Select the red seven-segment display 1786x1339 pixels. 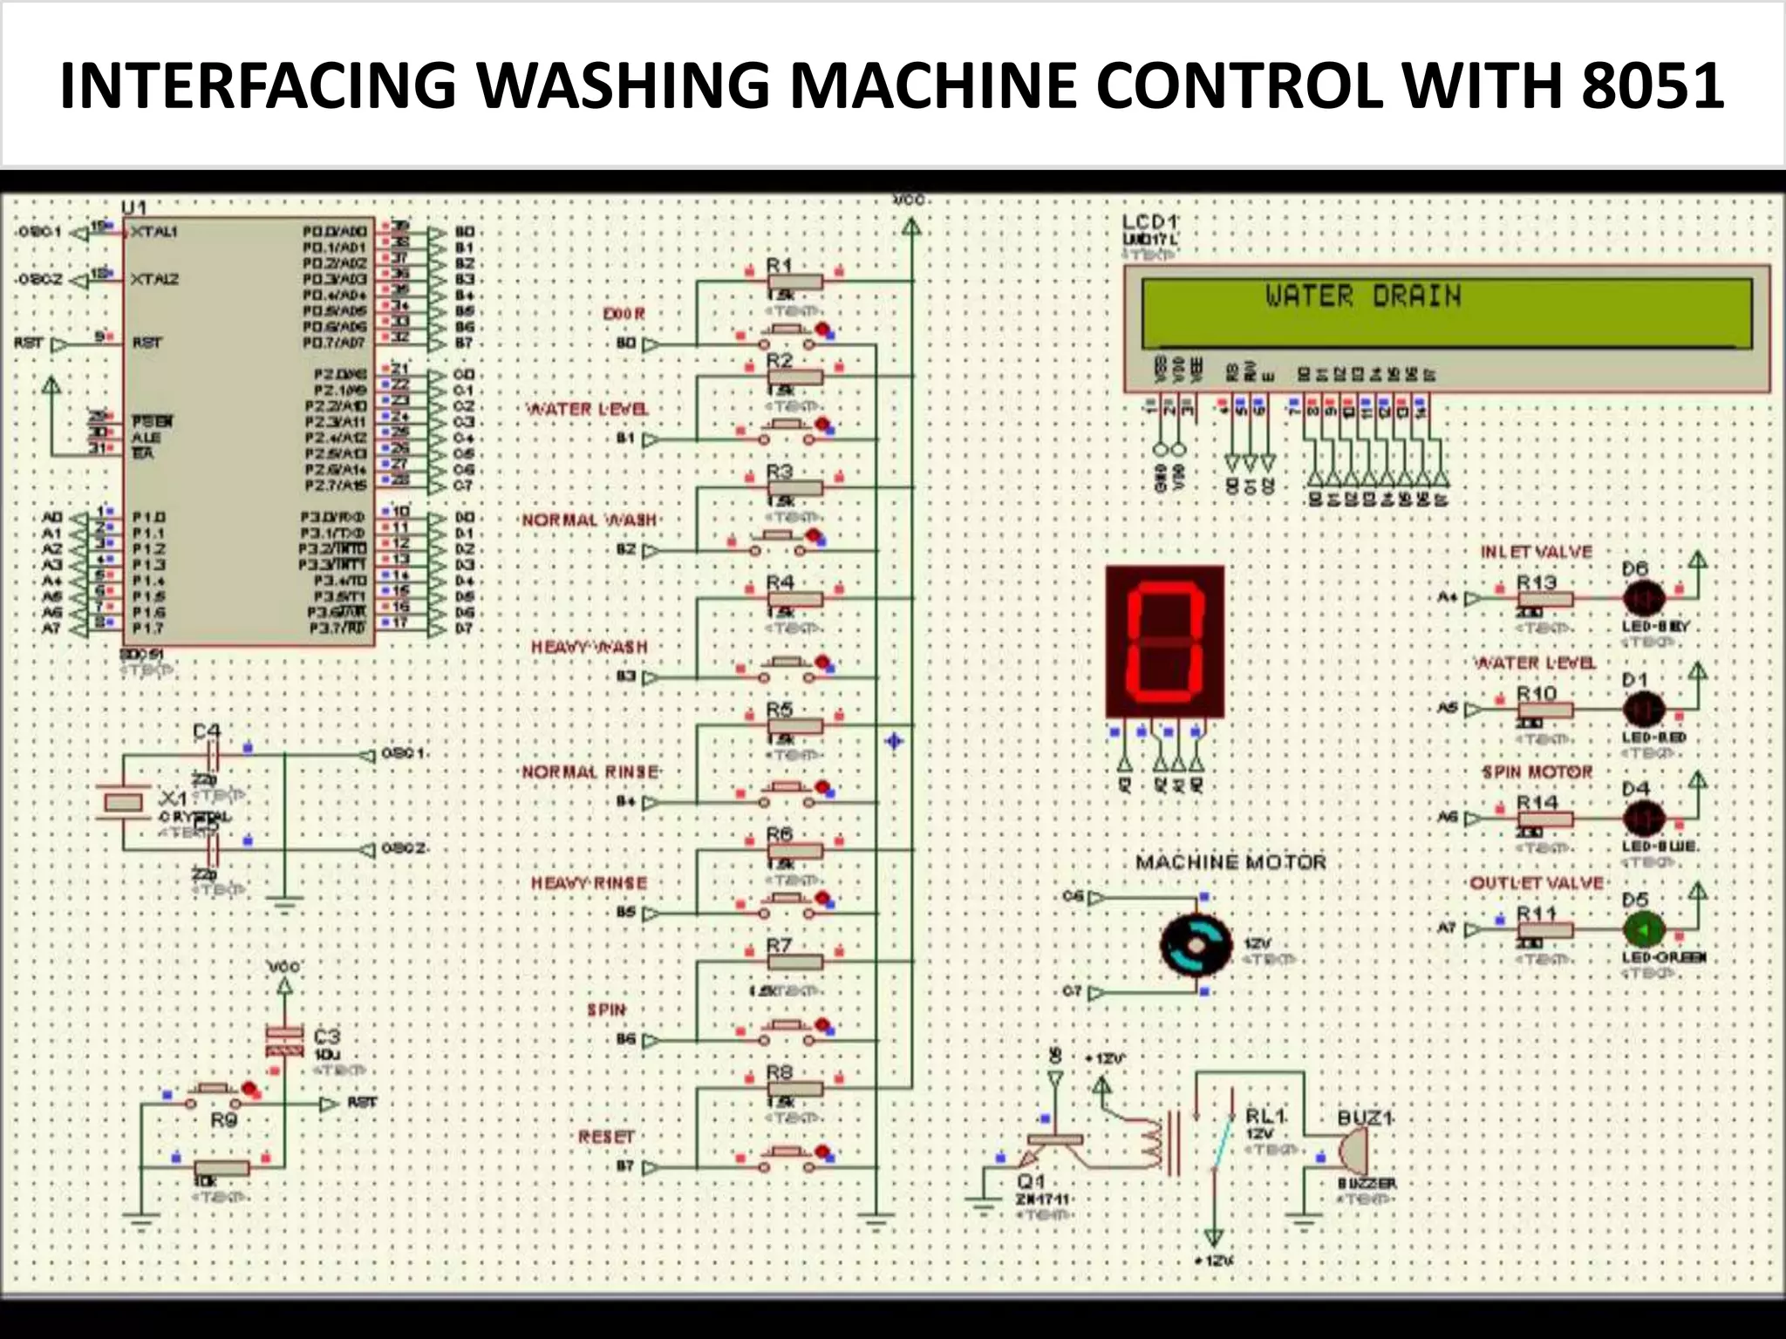coord(1165,642)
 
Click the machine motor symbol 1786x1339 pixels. coord(1196,945)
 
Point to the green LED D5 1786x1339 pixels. coord(1644,930)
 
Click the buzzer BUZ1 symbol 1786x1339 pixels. coord(1353,1152)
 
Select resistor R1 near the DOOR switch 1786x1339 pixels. coord(794,282)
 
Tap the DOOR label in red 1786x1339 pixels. coord(624,314)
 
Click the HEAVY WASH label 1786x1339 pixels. coord(590,647)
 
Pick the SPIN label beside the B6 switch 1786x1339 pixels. coord(606,1009)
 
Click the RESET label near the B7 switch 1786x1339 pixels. coord(605,1137)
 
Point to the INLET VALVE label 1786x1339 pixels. coord(1536,552)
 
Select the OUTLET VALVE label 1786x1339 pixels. coord(1537,883)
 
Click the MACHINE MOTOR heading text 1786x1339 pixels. coord(1230,862)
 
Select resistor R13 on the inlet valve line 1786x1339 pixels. coord(1545,599)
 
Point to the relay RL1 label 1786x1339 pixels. coord(1265,1116)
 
